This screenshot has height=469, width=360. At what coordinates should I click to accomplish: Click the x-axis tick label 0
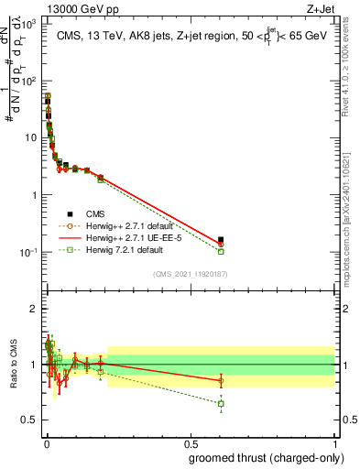coord(46,443)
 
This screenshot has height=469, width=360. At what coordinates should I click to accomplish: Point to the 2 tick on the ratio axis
coord(32,309)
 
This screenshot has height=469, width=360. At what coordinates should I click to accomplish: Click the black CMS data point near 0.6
coord(221,240)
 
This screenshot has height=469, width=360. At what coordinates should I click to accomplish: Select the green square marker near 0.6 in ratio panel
coord(221,403)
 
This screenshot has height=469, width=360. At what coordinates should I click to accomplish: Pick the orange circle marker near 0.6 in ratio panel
coord(221,380)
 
